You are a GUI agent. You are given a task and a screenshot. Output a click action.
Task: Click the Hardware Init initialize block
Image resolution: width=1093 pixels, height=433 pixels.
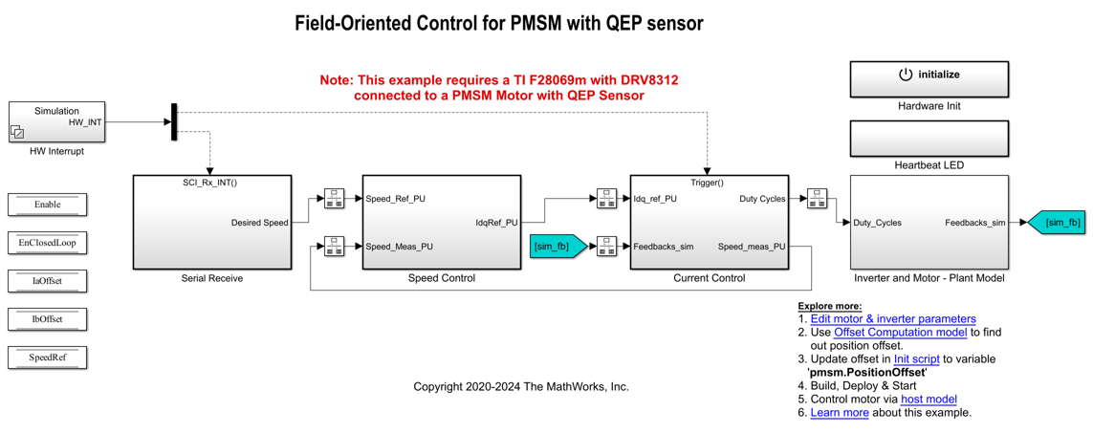[929, 78]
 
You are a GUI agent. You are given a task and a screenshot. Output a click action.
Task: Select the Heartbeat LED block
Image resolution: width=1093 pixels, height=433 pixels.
[929, 139]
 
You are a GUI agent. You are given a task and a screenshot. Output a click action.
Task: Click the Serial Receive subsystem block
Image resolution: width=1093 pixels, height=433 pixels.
[211, 222]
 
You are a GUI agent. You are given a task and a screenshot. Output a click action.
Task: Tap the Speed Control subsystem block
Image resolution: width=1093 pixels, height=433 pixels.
[441, 222]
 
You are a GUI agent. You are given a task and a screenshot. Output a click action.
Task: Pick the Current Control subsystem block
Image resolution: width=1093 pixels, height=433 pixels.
[709, 222]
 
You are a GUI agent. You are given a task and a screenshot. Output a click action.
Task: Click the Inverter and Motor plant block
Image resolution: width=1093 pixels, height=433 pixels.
[929, 222]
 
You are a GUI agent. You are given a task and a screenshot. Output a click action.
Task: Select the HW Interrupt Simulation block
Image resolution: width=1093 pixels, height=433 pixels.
[56, 122]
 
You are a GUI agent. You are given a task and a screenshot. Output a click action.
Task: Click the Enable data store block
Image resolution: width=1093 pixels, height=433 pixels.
[47, 205]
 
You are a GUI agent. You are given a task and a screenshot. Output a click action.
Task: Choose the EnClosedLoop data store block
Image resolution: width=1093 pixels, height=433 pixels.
[47, 243]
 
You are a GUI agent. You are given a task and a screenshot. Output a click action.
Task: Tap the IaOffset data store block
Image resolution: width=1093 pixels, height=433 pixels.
[47, 281]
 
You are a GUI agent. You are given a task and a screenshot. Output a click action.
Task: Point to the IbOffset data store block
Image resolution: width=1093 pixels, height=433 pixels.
[47, 319]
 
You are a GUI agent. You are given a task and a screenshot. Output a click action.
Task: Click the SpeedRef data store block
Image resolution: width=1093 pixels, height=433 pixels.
[47, 357]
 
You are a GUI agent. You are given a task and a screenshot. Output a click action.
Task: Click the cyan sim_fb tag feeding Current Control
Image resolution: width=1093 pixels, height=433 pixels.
[556, 247]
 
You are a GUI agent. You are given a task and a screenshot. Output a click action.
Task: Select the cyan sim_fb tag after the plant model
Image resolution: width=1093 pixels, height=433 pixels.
[1058, 223]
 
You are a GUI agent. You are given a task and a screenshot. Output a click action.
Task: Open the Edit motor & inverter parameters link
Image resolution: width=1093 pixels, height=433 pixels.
[892, 319]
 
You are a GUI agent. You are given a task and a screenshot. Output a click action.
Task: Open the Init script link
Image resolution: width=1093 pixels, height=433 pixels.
[916, 359]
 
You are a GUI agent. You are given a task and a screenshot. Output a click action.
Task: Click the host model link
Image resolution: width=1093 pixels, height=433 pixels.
[929, 400]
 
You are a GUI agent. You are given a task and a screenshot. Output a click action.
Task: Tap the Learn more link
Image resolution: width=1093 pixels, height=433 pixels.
[840, 413]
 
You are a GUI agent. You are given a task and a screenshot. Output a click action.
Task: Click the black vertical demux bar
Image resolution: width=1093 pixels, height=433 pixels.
[174, 122]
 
